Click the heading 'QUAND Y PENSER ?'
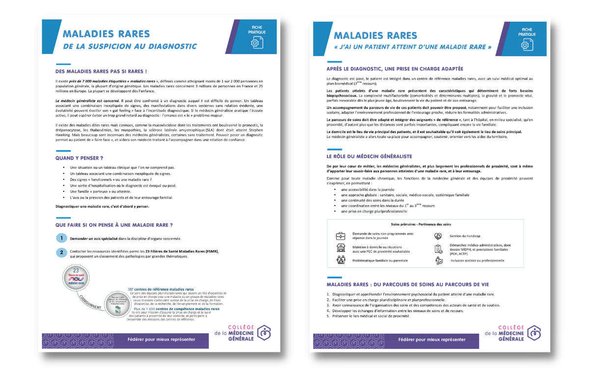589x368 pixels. click(79, 158)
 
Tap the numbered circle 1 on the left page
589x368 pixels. click(61, 238)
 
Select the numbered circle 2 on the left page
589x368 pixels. click(61, 252)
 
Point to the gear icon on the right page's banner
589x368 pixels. click(527, 45)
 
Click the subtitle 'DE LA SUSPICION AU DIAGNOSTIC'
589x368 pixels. click(130, 47)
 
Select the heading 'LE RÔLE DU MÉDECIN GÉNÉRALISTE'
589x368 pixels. click(369, 156)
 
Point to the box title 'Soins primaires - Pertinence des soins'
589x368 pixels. click(421, 224)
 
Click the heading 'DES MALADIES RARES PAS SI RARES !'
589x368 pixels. click(101, 71)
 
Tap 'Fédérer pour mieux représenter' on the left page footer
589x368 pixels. click(161, 339)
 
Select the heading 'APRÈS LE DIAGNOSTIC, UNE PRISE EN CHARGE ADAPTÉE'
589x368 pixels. click(395, 69)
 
